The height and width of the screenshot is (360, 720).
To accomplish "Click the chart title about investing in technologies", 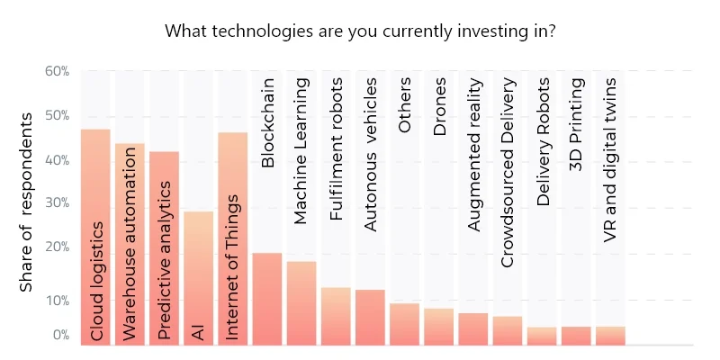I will pos(359,30).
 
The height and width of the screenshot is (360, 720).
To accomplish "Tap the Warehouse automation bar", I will pos(130,243).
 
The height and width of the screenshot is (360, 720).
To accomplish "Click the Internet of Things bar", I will pos(232,238).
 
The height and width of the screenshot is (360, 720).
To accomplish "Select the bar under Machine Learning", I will pos(301,302).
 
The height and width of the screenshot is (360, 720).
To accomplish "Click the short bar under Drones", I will pos(438,327).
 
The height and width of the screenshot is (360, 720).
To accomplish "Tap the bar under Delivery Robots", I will pos(542,336).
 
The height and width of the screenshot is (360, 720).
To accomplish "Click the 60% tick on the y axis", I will pos(57,70).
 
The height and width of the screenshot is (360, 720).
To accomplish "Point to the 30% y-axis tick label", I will pos(57,202).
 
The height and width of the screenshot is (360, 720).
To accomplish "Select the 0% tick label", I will pos(59,335).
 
